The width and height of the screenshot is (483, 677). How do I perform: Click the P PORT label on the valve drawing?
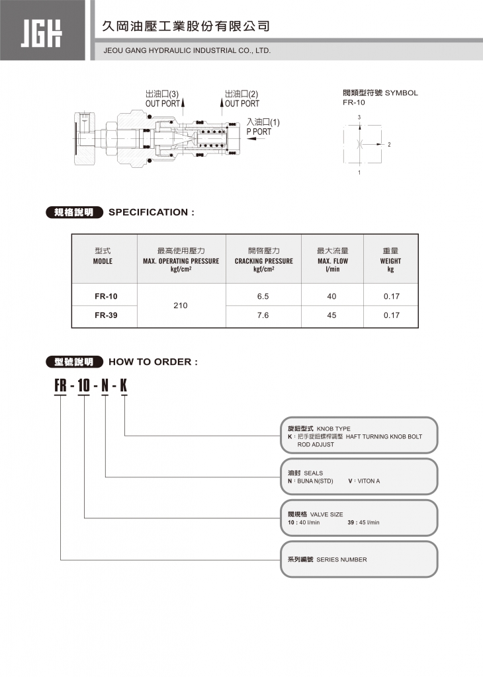click(x=259, y=132)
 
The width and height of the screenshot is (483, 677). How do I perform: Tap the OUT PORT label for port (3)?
click(x=163, y=103)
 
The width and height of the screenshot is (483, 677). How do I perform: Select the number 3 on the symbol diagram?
click(x=359, y=117)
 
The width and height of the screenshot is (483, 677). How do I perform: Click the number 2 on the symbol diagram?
click(x=390, y=144)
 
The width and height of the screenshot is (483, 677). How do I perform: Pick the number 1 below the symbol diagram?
click(x=359, y=173)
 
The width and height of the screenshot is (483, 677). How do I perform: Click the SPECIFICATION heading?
click(x=152, y=212)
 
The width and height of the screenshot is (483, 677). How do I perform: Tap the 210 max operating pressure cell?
click(x=181, y=305)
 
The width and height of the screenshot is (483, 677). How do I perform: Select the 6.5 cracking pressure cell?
click(x=263, y=296)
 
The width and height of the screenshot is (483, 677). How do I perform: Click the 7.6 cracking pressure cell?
click(x=263, y=315)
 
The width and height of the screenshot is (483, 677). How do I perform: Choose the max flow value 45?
click(x=331, y=315)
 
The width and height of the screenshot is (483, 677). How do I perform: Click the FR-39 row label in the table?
click(x=103, y=315)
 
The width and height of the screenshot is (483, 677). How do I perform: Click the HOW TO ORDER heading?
click(x=153, y=362)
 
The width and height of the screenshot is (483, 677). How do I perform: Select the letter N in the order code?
click(x=105, y=385)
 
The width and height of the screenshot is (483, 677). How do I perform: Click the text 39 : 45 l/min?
click(x=363, y=522)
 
